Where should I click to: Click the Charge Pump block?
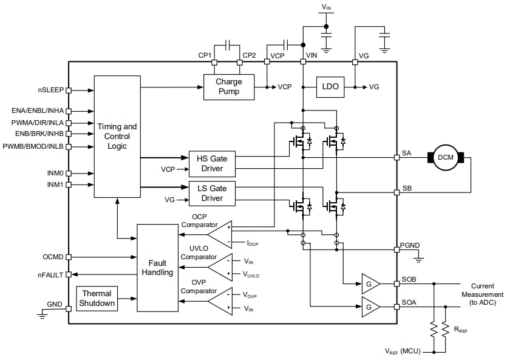tap(228, 86)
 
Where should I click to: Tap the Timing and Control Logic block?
tap(117, 136)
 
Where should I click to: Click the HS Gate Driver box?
tap(211, 163)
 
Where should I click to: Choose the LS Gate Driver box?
tap(211, 193)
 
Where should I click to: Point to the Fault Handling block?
tap(157, 267)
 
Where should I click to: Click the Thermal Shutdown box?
tap(98, 299)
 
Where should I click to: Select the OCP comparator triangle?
tap(220, 234)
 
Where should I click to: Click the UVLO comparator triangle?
tap(220, 267)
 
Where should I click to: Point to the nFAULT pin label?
tap(50, 275)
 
